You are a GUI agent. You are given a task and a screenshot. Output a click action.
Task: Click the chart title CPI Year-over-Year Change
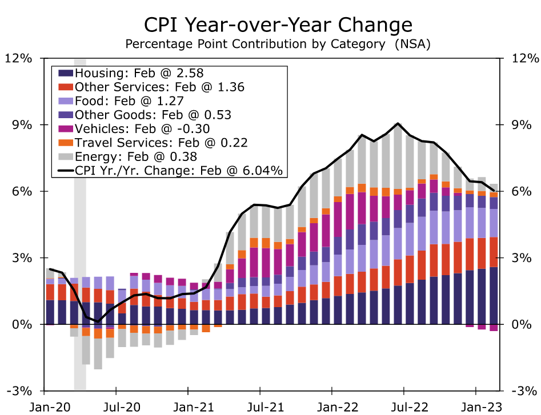coord(277,25)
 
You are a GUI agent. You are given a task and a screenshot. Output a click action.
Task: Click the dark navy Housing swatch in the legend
coord(66,73)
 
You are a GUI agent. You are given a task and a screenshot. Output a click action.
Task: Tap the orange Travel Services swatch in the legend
coord(66,142)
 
